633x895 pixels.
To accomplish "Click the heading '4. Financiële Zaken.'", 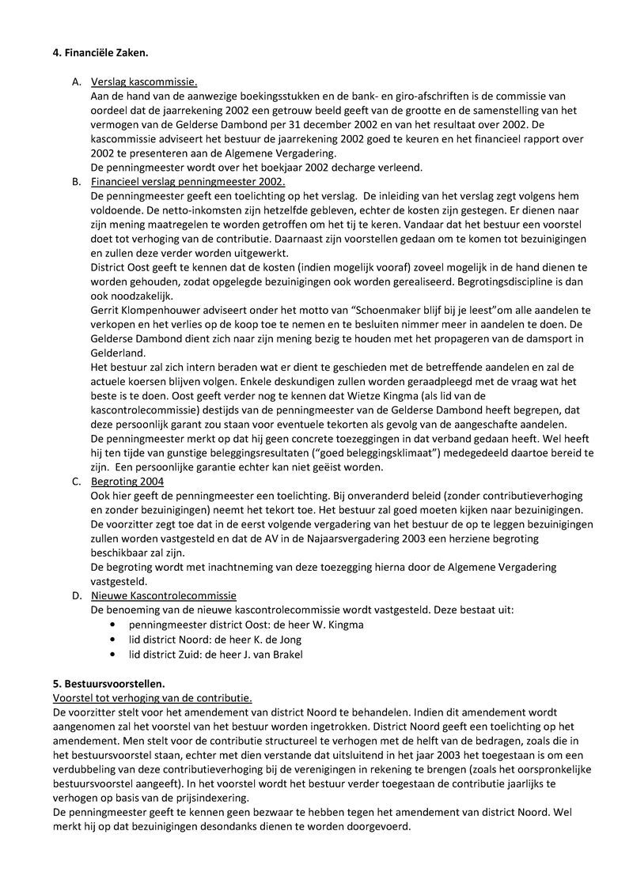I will (100, 53).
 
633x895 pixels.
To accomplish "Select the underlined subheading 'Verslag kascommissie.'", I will (144, 81).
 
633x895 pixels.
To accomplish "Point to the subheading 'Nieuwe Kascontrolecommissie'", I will (164, 595).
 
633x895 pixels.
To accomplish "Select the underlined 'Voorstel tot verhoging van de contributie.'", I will (152, 697).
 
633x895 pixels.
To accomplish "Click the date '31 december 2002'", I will (343, 124).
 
